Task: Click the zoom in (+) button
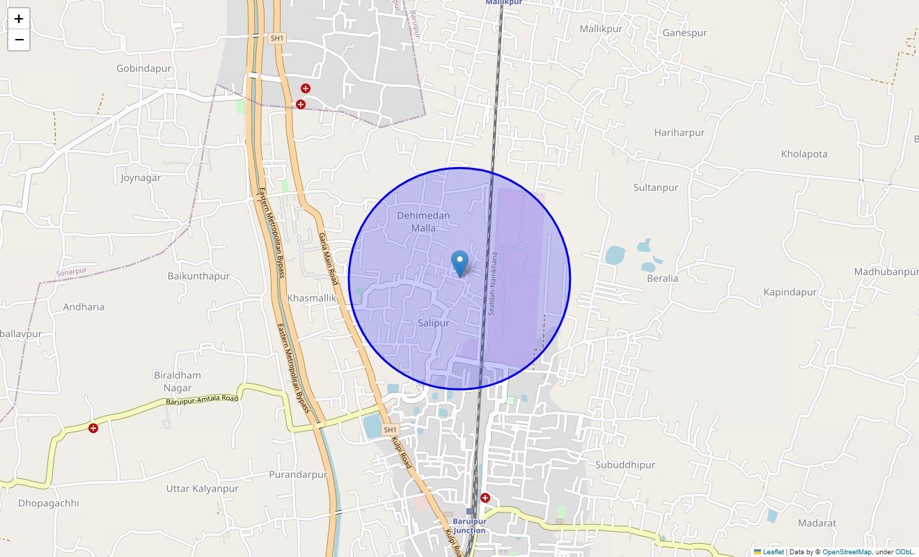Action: (x=19, y=19)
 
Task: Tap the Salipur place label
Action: (x=433, y=323)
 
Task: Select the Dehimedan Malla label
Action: (x=423, y=221)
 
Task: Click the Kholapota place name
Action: (x=804, y=154)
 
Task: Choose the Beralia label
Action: (x=661, y=278)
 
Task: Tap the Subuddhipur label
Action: (x=625, y=464)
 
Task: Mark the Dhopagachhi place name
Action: (x=49, y=503)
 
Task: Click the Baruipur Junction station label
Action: (x=469, y=526)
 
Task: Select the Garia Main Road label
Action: (x=328, y=256)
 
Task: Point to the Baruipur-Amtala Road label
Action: (x=202, y=400)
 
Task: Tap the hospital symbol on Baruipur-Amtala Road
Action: (x=93, y=427)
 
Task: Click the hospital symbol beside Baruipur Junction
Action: (x=485, y=498)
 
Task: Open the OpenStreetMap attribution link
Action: (x=847, y=552)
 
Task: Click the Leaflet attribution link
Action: (x=773, y=552)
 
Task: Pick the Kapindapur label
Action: (x=790, y=292)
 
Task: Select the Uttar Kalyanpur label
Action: (x=202, y=489)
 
